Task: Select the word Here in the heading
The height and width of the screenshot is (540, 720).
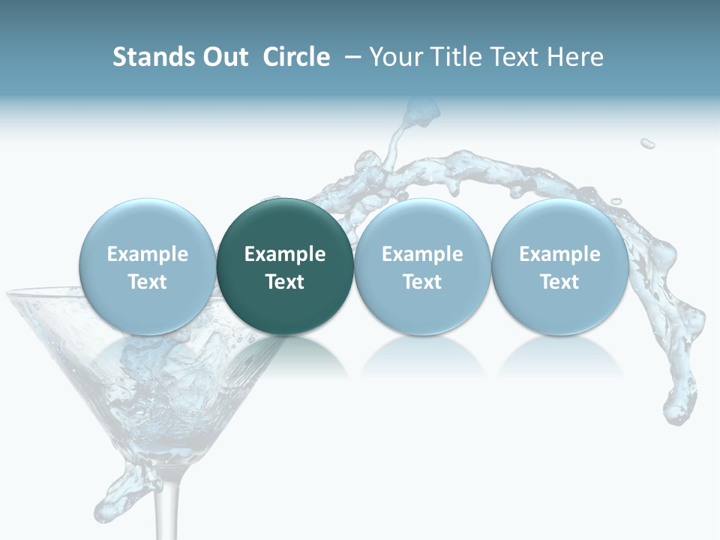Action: coord(575,57)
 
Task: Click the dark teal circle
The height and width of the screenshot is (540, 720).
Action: coord(285,267)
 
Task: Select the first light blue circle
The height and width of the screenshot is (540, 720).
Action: coord(147,267)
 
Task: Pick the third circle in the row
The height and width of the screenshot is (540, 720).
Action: coord(422,267)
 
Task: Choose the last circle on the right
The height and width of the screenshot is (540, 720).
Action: coord(559,267)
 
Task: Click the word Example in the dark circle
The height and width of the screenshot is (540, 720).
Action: coord(285,254)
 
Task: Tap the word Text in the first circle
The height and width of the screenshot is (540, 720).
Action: coord(147,282)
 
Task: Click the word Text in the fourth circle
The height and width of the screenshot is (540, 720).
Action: coord(559,282)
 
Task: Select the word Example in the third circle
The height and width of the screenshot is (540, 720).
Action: coord(422,254)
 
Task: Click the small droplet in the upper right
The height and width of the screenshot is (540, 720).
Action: coord(647,143)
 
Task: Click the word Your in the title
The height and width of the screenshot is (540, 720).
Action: coord(392,57)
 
